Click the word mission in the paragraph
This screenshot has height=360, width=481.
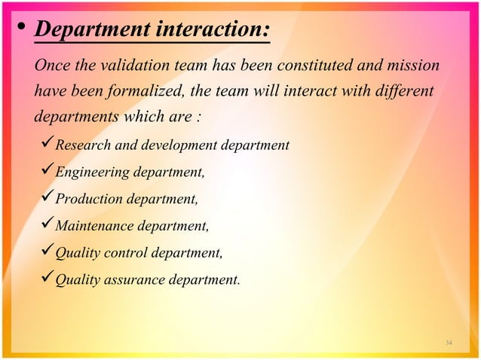click(x=412, y=66)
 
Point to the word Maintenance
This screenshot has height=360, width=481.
click(x=95, y=226)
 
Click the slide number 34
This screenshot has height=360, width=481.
click(x=449, y=343)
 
